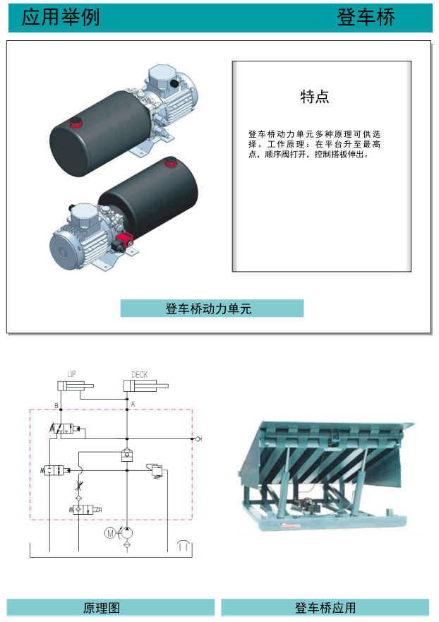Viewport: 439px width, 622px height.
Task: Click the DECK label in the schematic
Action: [x=140, y=374]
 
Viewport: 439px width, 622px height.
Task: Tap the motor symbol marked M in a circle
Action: [x=109, y=533]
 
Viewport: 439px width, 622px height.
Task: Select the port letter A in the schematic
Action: [x=133, y=403]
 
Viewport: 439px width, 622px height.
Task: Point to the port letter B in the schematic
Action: [x=56, y=405]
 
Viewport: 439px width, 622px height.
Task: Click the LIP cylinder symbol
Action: [x=74, y=385]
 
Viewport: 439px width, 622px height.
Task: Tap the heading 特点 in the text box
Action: [x=315, y=97]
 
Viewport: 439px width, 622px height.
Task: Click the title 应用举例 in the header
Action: [x=60, y=17]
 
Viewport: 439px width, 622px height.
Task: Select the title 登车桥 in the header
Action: [x=367, y=17]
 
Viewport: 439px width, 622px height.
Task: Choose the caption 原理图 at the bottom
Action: [x=102, y=608]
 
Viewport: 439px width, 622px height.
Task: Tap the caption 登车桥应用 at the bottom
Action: [x=325, y=608]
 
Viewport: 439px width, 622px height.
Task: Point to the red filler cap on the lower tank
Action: [x=170, y=164]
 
